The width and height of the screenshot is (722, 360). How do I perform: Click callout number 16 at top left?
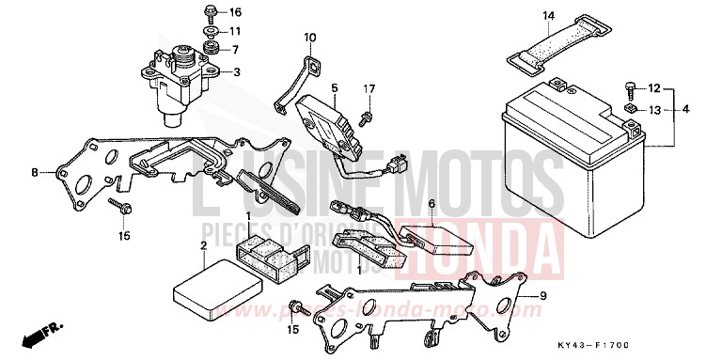click(x=235, y=12)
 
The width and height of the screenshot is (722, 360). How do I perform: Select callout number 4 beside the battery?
click(x=685, y=110)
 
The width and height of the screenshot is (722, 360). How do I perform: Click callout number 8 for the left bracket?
click(x=35, y=173)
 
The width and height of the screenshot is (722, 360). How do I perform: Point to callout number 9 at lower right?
click(x=541, y=295)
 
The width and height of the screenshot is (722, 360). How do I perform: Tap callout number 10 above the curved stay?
click(x=308, y=38)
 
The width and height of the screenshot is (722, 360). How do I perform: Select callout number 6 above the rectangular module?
click(x=432, y=203)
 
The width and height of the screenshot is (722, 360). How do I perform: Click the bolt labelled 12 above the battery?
click(x=628, y=90)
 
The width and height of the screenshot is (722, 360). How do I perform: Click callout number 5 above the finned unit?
click(x=333, y=87)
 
